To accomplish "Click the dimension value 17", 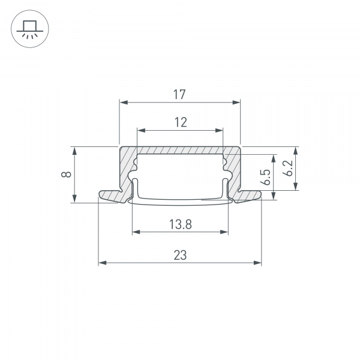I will coord(179,94).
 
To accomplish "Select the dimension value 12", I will coord(180,122).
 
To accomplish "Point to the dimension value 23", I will coord(180,255).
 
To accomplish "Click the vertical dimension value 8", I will coord(67,175).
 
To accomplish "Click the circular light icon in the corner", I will coord(29,29).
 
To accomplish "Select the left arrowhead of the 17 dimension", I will coord(122,103).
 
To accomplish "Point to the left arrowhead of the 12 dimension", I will coord(140,130).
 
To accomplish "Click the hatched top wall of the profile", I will coord(180,150).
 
